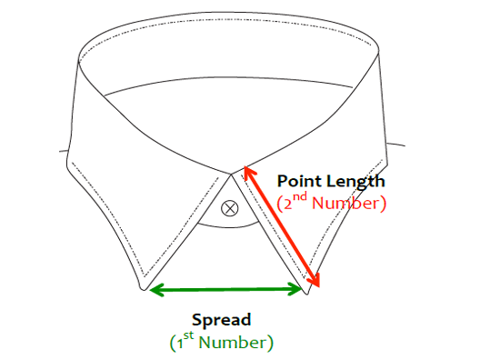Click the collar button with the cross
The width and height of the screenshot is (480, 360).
point(230,208)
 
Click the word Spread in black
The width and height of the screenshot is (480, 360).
point(221,320)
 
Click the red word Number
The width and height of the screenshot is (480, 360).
point(349,202)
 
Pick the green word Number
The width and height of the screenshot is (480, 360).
point(235,343)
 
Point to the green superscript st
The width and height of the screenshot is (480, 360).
point(190,337)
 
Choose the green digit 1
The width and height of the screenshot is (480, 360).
point(179,344)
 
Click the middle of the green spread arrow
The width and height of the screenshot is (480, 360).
point(226,290)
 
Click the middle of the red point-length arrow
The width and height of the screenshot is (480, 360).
point(283,229)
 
